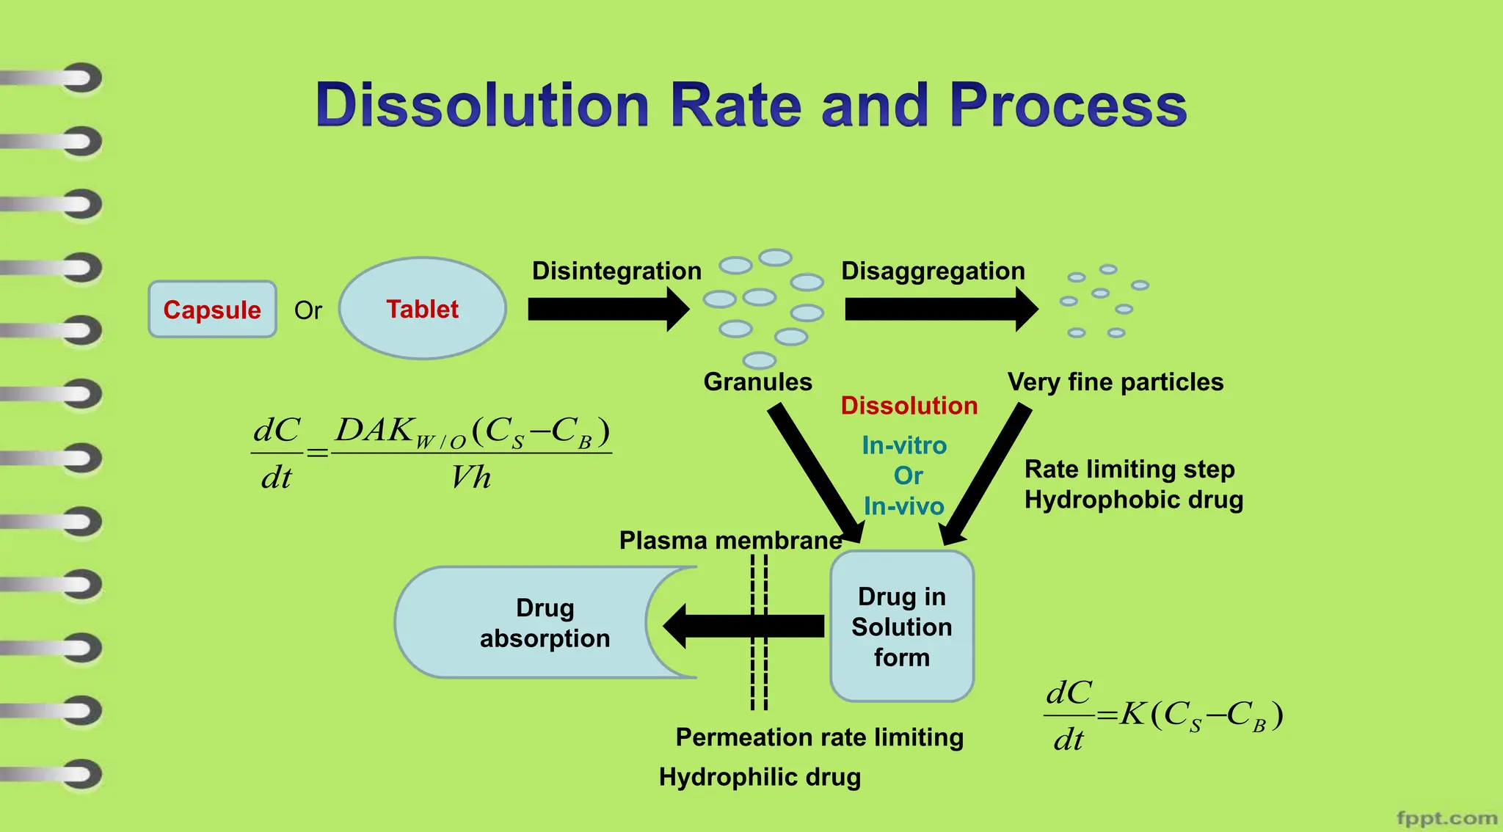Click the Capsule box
tap(212, 310)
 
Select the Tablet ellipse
tap(423, 309)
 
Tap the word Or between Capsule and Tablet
tap(308, 310)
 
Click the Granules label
tap(757, 382)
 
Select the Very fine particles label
tap(1115, 382)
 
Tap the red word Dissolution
tap(909, 406)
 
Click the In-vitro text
tap(904, 445)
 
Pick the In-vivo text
tap(903, 506)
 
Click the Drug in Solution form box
tap(902, 627)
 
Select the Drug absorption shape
tap(545, 623)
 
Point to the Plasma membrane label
tap(730, 541)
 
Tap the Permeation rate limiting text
tap(819, 737)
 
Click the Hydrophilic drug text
tap(760, 777)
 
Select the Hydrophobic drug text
tap(1133, 500)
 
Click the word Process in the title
tap(1068, 105)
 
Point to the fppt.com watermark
tap(1446, 818)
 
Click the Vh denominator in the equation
tap(470, 478)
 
